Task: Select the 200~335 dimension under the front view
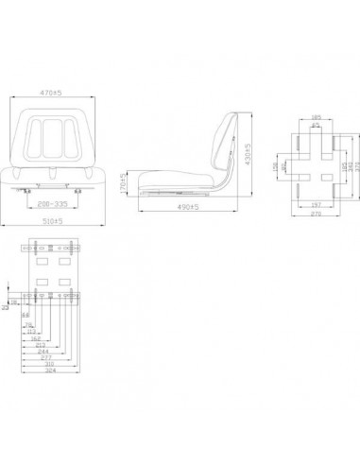56,202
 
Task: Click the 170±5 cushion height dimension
124,179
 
